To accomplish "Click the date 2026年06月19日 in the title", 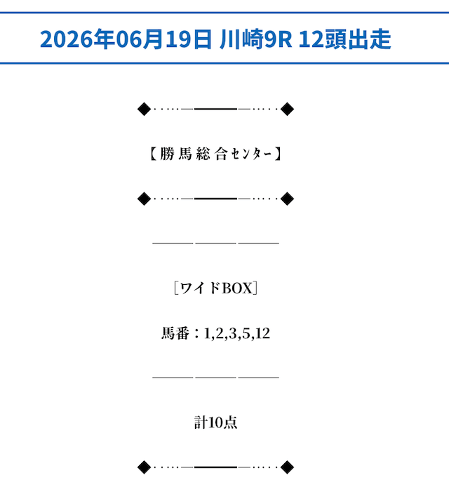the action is tap(126, 39).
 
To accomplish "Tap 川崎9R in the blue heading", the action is tap(256, 39).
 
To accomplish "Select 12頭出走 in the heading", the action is tap(345, 39).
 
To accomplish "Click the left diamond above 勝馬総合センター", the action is tap(145, 109).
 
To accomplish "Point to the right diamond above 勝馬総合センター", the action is tap(287, 109).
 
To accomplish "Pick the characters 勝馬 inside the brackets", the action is tap(176, 154).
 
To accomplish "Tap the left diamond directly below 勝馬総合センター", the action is tap(145, 199).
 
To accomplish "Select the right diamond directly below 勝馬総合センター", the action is tap(287, 199).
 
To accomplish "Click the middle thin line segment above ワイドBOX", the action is tap(215, 243).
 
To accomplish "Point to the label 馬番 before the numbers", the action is tap(175, 333).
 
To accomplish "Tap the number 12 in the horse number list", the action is tap(263, 333).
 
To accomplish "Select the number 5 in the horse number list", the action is tap(246, 333).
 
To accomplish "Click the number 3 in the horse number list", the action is tap(233, 333).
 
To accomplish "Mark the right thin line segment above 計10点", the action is tap(259, 378).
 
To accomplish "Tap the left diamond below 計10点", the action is tap(145, 467).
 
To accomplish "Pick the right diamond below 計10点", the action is tap(287, 467).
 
